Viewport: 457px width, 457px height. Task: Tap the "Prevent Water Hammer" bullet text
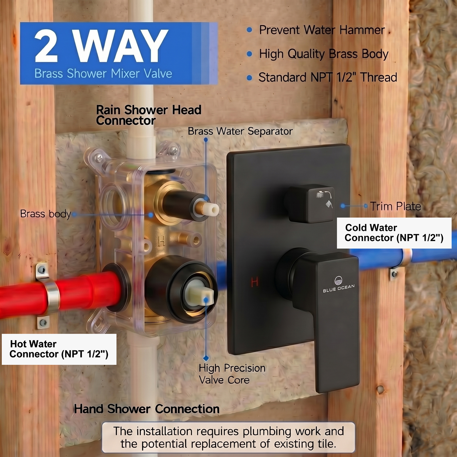(322, 30)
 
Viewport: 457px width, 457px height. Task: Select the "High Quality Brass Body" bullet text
(324, 54)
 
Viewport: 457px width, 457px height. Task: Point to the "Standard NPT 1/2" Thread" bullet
(328, 77)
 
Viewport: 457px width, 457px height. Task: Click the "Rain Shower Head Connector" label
(149, 115)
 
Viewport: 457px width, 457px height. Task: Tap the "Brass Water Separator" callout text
(240, 131)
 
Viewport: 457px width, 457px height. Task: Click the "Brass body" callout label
(45, 214)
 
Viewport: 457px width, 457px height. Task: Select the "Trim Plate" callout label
(396, 206)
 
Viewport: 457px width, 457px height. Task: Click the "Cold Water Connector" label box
(394, 233)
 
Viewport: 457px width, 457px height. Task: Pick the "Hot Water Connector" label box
(59, 349)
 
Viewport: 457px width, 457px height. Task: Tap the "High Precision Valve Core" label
(232, 374)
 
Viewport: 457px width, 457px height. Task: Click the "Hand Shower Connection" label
(147, 409)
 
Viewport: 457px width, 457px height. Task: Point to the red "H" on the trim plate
(254, 282)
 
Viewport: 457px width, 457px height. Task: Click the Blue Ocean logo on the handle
(339, 284)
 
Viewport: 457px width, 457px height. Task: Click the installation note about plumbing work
(228, 437)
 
